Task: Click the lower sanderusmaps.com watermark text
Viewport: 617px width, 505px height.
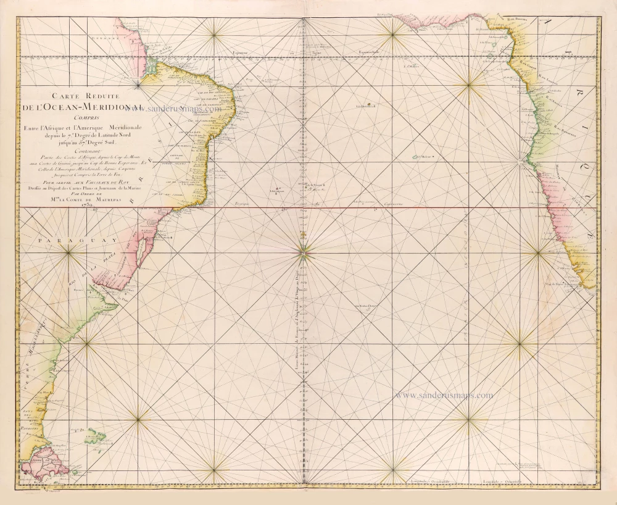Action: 444,395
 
